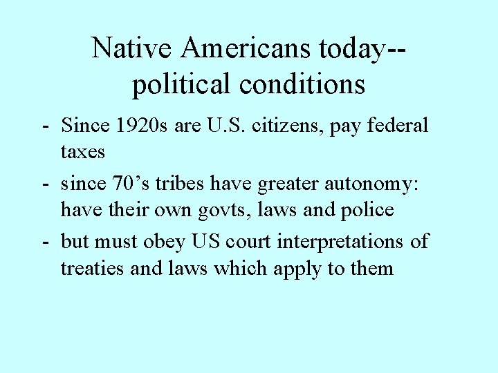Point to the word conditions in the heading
(x=302, y=84)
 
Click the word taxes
(x=83, y=151)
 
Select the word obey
(x=169, y=242)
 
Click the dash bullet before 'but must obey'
(x=44, y=242)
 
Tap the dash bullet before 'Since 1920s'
(x=44, y=126)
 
